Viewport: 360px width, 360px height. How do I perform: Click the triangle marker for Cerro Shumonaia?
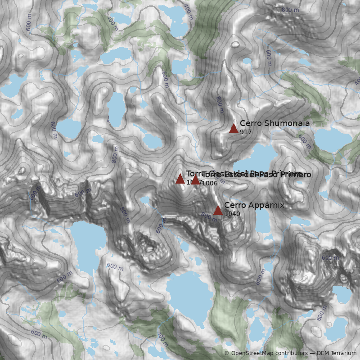tap(234, 128)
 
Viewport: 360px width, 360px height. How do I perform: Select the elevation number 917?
tap(246, 132)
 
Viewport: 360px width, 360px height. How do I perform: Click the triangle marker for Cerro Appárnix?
tap(218, 210)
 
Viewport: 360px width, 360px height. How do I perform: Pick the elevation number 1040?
tap(232, 214)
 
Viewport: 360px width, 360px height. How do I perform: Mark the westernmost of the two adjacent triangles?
tap(180, 179)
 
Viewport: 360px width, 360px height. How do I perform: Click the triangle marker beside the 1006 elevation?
tap(195, 180)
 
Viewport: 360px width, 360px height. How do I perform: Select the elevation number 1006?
tap(210, 183)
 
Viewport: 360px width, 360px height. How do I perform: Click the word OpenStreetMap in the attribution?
tap(254, 354)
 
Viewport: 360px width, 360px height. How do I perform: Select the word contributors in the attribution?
tap(292, 354)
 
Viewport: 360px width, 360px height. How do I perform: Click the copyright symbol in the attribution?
tap(227, 354)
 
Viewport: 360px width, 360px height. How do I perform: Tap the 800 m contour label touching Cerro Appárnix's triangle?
tap(208, 216)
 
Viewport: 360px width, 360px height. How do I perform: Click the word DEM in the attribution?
tap(323, 354)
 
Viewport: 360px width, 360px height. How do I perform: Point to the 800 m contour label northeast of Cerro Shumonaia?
tap(287, 10)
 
